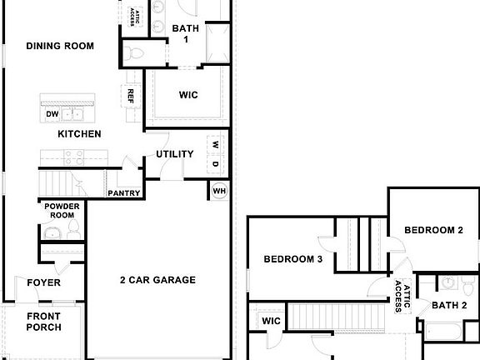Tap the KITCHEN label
pos(79,133)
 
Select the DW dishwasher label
pos(52,114)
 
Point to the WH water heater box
pos(219,191)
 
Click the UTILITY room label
pos(175,154)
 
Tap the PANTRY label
pos(122,193)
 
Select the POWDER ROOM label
pos(61,210)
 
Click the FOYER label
pos(43,283)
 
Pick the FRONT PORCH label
pos(43,322)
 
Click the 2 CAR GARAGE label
pos(157,280)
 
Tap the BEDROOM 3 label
pos(292,259)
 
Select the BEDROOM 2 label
pos(433,230)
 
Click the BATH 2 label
pos(449,305)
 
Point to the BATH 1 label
pos(186,33)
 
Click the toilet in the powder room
pos(70,227)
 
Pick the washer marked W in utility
pos(215,144)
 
